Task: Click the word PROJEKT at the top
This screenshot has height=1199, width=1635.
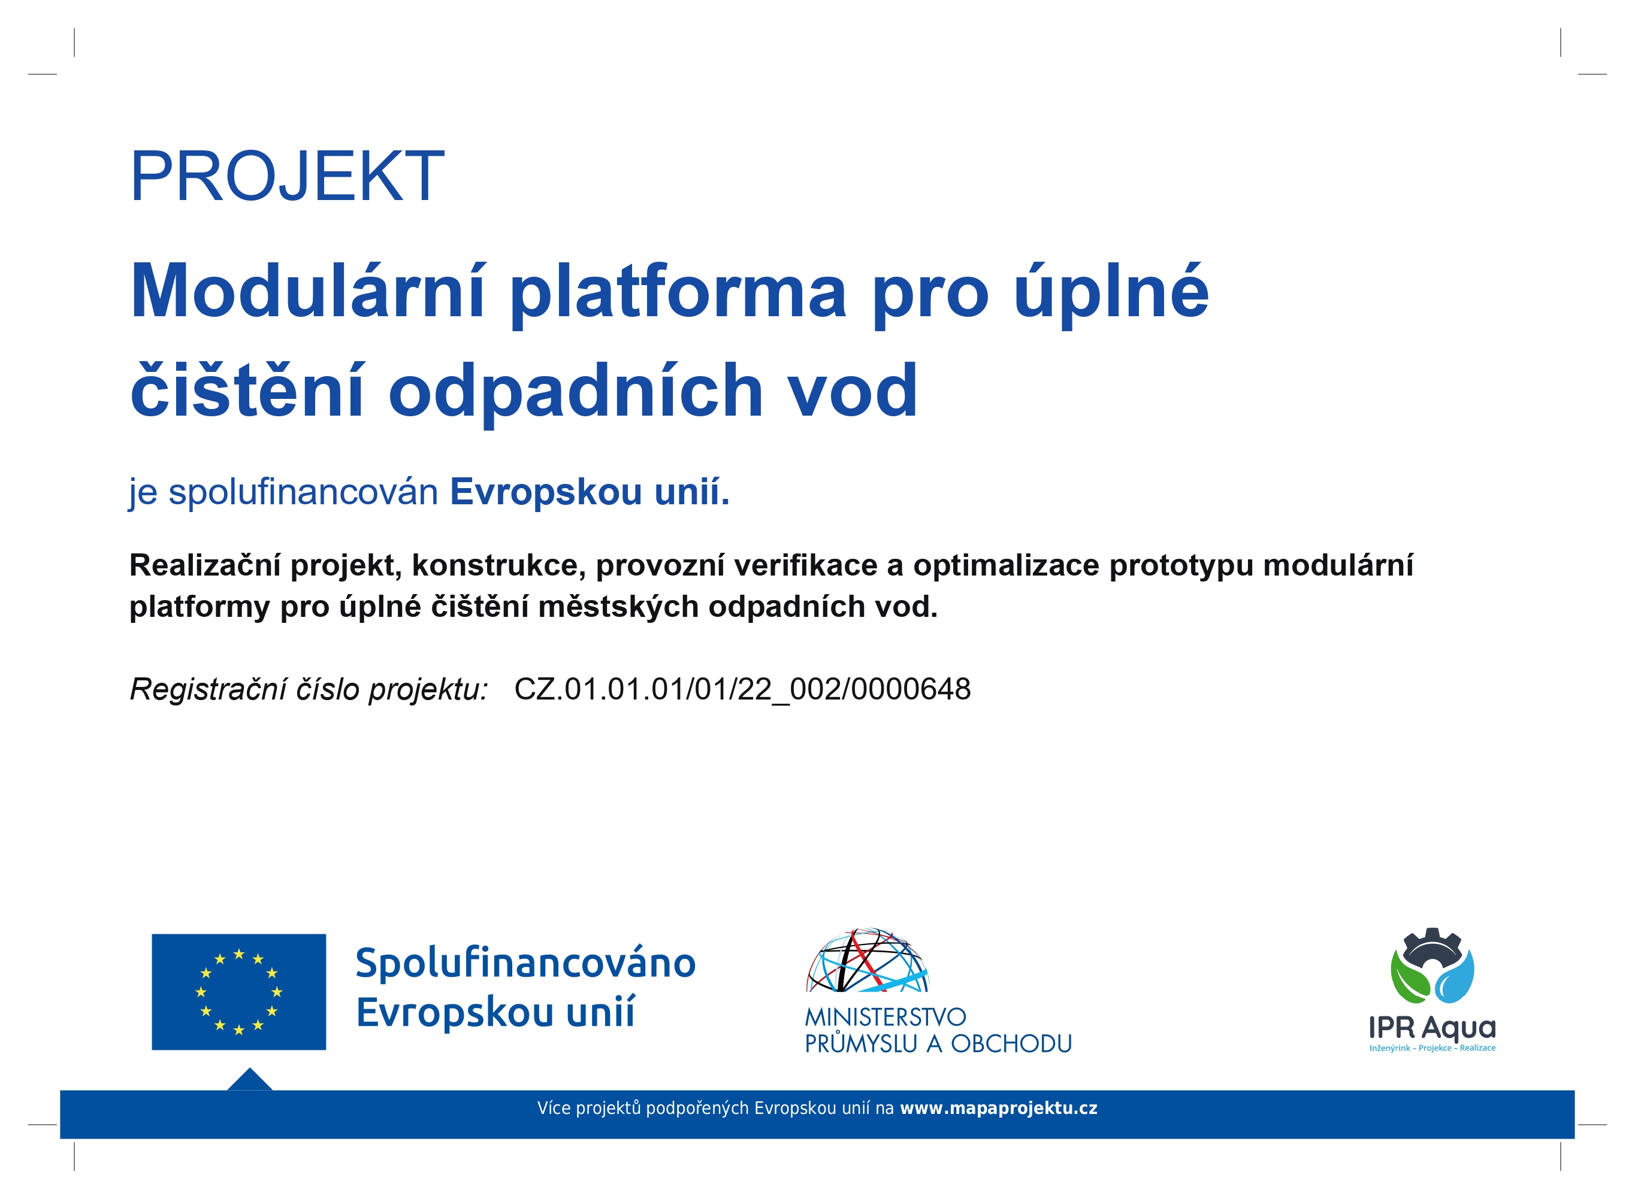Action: pyautogui.click(x=287, y=175)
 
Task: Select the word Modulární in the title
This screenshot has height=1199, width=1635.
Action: pyautogui.click(x=307, y=290)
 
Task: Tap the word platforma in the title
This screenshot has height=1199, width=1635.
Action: pyautogui.click(x=678, y=294)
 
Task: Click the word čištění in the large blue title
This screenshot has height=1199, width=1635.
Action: pyautogui.click(x=247, y=390)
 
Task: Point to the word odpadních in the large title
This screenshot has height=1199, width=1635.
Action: pyautogui.click(x=576, y=392)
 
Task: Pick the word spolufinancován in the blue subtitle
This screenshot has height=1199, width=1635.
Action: pyautogui.click(x=304, y=492)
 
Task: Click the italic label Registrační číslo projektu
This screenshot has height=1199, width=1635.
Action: pyautogui.click(x=309, y=689)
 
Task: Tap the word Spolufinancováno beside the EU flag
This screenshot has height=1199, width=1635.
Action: pyautogui.click(x=525, y=963)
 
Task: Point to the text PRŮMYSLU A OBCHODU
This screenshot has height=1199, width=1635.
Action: pyautogui.click(x=938, y=1043)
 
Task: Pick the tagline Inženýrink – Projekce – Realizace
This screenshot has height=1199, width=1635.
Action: pyautogui.click(x=1432, y=1047)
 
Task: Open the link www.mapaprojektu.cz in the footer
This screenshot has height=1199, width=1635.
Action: pyautogui.click(x=998, y=1109)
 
